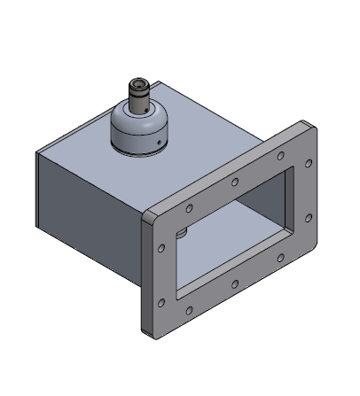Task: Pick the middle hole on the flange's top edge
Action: click(x=234, y=182)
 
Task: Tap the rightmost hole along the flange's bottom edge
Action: click(x=280, y=259)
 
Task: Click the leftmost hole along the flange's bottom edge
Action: click(x=189, y=310)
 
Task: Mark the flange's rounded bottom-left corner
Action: click(x=147, y=330)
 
